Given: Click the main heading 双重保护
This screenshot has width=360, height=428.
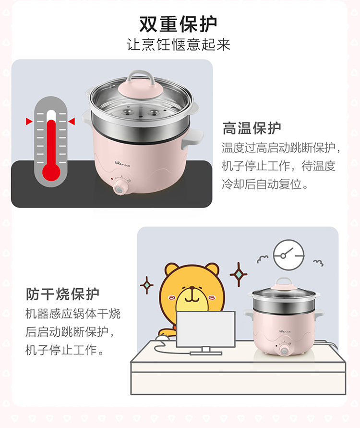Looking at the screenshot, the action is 179,24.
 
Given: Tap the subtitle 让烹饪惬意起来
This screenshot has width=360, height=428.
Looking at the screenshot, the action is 179,45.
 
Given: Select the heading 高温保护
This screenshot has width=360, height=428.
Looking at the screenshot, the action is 252,128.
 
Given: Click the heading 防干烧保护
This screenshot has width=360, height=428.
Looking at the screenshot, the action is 62,294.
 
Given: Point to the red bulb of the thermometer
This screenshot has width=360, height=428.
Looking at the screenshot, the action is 51,172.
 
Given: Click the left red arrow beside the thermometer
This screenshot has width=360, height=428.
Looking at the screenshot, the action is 29,121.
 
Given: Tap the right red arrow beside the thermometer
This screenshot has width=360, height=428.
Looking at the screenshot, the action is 72,121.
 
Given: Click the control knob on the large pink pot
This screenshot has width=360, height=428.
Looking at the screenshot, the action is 119,187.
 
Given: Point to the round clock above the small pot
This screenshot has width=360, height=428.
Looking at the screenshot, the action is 289,255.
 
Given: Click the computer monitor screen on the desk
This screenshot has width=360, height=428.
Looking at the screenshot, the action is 205,329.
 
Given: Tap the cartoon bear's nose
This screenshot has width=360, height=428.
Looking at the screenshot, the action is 192,288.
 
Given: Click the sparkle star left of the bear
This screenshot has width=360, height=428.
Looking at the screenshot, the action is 147,285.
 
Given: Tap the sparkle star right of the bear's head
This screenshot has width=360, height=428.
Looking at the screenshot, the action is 239,274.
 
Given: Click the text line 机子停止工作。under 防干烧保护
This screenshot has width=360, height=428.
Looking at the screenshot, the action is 65,350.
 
